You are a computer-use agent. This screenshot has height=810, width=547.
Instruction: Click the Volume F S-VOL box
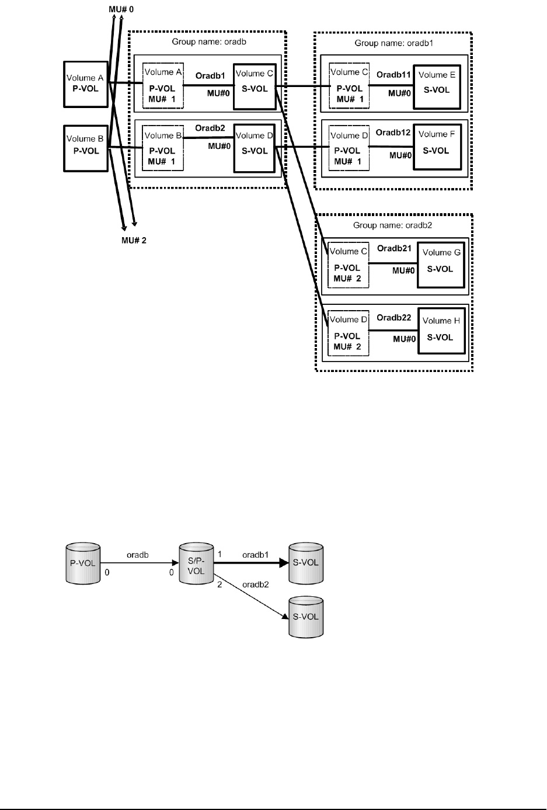436,146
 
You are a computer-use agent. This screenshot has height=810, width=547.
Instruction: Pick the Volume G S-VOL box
441,265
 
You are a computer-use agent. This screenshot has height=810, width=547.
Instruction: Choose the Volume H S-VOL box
441,333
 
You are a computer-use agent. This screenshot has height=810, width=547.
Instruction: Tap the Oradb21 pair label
394,248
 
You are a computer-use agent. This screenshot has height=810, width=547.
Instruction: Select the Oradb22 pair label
394,318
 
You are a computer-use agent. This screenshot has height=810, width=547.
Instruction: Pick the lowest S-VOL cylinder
306,617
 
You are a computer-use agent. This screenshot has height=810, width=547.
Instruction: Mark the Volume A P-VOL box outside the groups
85,82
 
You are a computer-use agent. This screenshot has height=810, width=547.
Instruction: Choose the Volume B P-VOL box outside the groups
85,148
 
